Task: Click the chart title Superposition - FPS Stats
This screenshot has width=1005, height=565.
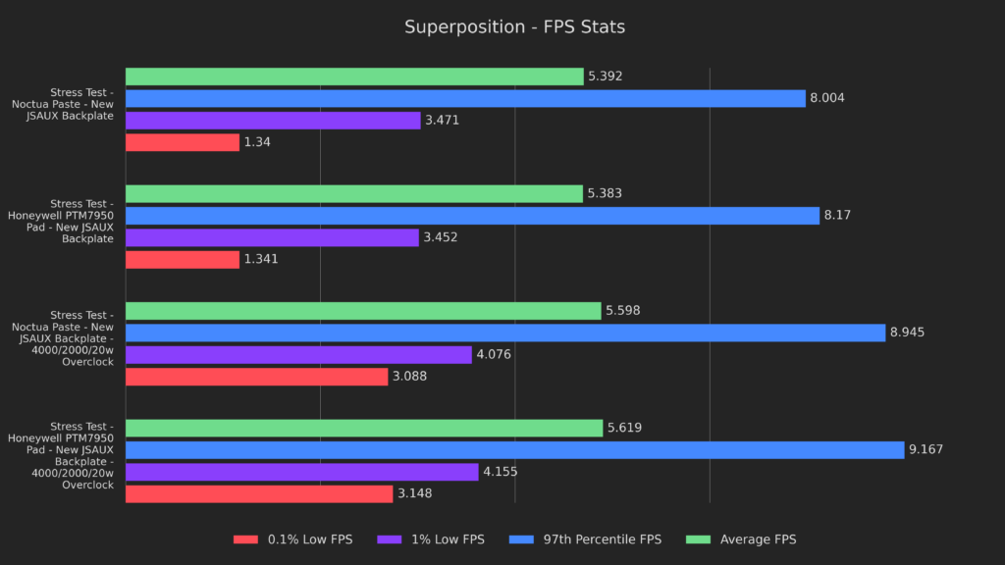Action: coord(514,27)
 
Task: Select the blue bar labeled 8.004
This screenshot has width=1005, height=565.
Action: coord(465,98)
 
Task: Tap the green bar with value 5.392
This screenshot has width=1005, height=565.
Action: coord(354,77)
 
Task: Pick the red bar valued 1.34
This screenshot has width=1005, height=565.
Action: coord(183,142)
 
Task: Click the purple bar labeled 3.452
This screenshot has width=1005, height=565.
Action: coord(272,237)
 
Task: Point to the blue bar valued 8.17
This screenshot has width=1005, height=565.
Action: coord(472,216)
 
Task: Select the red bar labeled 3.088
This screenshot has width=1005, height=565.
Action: coord(256,377)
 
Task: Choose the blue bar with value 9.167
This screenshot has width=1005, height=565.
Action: coord(514,450)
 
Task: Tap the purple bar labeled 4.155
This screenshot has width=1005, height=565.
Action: coord(301,472)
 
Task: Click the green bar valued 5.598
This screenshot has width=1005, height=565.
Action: coord(363,311)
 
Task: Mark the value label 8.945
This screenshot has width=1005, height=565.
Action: coord(907,333)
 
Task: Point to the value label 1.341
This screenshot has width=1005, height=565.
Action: coord(262,260)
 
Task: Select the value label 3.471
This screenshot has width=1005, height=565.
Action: coord(442,121)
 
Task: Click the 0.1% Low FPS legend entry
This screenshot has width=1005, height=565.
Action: coord(292,539)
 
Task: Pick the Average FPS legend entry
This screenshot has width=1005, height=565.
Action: coord(745,539)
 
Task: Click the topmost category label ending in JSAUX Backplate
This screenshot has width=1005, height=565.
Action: coord(63,104)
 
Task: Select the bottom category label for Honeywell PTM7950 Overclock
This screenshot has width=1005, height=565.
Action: coord(61,455)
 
